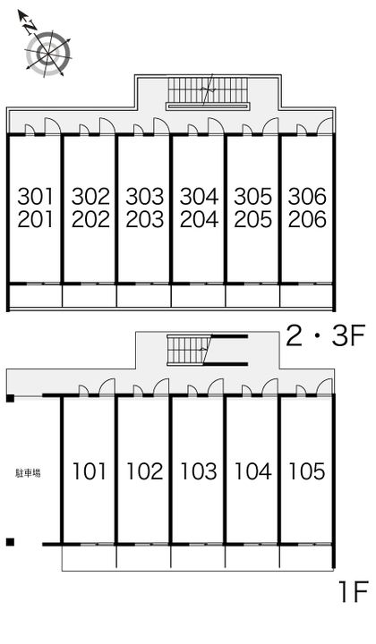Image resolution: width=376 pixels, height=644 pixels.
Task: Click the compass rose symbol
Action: (47, 51)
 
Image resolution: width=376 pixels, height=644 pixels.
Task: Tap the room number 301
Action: (36, 196)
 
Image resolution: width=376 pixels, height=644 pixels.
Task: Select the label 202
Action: (90, 219)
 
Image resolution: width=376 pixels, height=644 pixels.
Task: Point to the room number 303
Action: (144, 196)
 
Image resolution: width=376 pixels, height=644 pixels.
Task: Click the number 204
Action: (199, 219)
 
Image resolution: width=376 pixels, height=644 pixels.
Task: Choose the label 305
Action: (253, 196)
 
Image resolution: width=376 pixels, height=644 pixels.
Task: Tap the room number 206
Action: (308, 219)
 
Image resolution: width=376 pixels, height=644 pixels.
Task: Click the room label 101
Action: (90, 470)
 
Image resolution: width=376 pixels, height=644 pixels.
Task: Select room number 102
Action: (144, 470)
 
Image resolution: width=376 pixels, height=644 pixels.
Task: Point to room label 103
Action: (199, 470)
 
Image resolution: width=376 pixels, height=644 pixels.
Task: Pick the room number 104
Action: (252, 470)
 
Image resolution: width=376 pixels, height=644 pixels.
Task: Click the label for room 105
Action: (306, 470)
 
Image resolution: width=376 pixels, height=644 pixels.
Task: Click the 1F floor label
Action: (353, 592)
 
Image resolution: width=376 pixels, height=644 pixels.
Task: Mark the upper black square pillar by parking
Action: (10, 398)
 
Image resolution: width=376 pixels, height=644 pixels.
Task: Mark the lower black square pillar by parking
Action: (10, 542)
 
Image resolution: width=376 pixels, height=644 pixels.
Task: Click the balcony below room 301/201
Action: (35, 296)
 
